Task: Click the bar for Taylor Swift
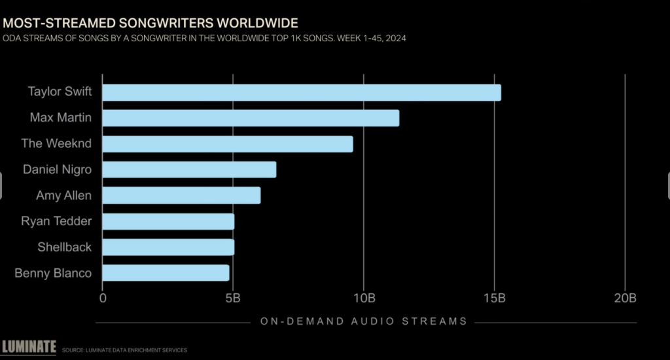301,92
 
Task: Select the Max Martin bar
251,118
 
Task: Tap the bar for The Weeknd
227,144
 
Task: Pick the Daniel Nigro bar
189,170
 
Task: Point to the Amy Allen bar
181,196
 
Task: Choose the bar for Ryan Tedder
168,221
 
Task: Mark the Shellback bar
168,247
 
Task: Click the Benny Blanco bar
166,273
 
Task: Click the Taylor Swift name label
60,92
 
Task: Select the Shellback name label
65,247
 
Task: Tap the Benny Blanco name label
53,273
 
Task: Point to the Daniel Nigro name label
57,170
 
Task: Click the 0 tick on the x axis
103,298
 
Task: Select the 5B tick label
232,298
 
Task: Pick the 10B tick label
363,298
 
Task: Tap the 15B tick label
494,298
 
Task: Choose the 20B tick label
625,298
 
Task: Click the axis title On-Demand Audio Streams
363,321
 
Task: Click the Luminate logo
29,347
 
